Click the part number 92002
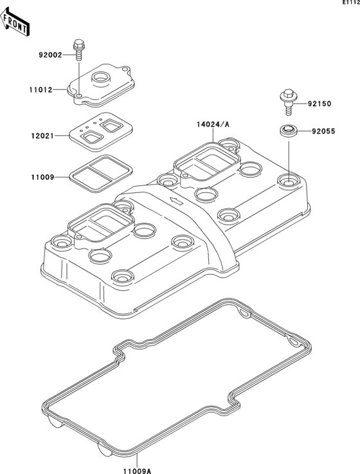(51, 55)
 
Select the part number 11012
(51, 90)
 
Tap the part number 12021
(51, 136)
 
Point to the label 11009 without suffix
(51, 176)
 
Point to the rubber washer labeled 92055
(288, 131)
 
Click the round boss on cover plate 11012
(102, 79)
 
